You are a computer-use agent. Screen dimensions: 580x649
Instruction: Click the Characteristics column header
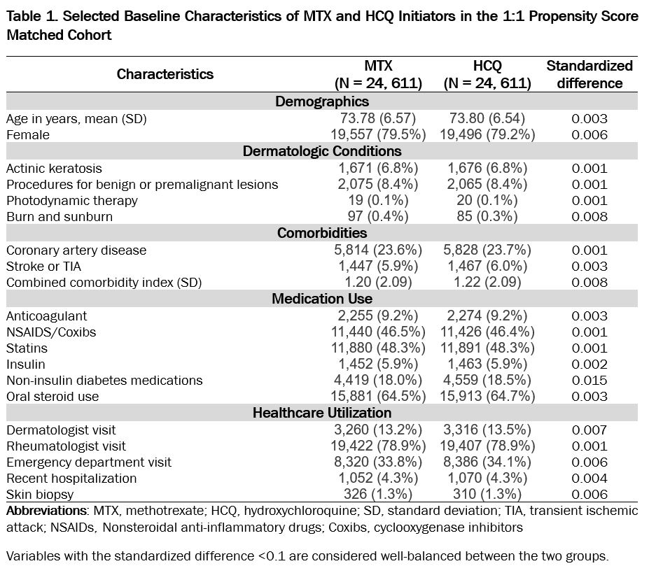coord(165,74)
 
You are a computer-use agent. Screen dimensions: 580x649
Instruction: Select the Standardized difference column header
coord(589,74)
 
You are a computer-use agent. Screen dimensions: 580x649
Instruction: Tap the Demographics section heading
coord(322,102)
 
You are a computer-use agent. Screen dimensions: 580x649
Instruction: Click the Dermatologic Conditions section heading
coord(322,151)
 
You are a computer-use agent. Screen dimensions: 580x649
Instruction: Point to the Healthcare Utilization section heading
coord(322,413)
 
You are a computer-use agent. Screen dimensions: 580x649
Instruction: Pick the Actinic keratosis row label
coord(54,168)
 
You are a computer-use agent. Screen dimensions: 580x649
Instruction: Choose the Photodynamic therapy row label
coord(72,201)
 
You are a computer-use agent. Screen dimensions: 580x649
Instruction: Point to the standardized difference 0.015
coord(589,380)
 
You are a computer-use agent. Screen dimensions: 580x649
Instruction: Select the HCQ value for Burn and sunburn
coord(487,217)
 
